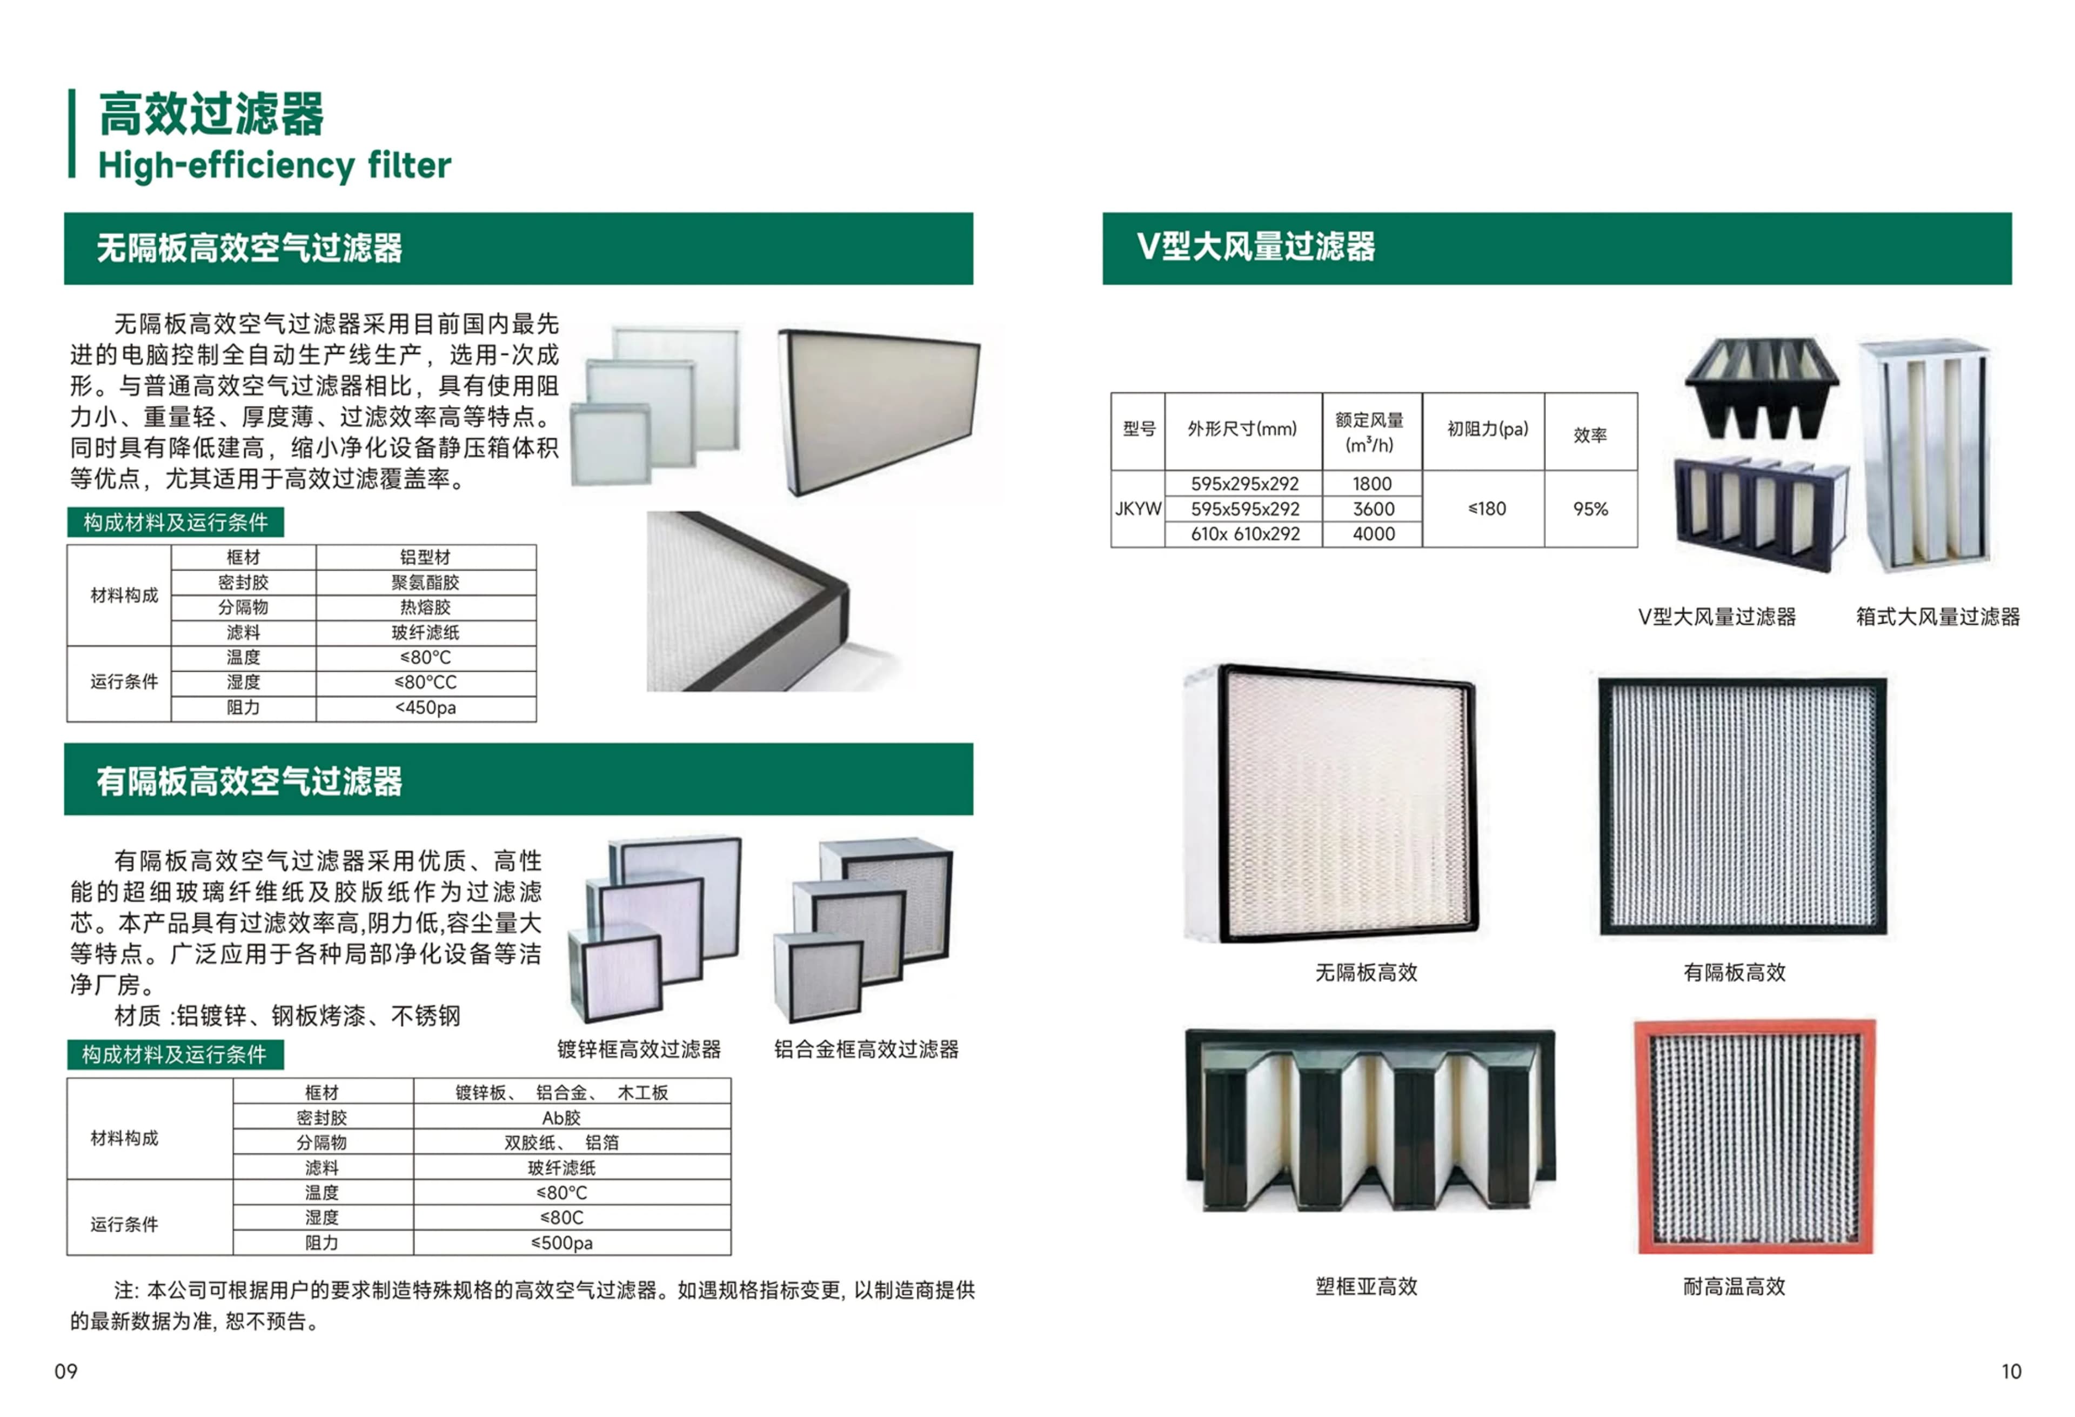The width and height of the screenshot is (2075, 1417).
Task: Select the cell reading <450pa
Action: click(426, 708)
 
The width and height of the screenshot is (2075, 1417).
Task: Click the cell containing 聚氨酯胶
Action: click(426, 582)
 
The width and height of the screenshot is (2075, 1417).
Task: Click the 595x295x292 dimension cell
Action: click(1244, 483)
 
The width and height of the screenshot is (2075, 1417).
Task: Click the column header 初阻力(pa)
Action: click(1488, 430)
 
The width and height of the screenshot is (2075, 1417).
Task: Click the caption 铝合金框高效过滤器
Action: click(866, 1049)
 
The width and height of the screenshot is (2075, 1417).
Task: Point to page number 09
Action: click(66, 1372)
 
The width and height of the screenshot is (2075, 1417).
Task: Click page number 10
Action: click(2011, 1372)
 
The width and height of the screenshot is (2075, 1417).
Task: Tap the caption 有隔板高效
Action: click(1734, 972)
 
